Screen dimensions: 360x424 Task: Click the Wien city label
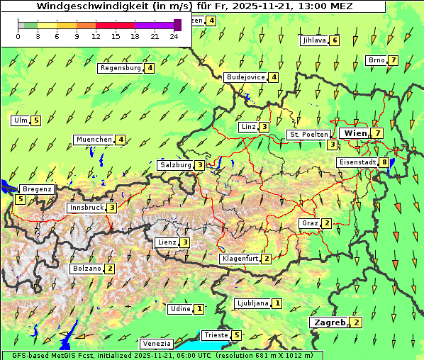point(355,133)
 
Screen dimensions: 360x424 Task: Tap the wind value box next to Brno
point(393,60)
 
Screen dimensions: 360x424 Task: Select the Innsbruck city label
point(86,208)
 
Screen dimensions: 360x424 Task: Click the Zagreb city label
point(329,322)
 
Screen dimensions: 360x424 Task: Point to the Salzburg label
point(176,165)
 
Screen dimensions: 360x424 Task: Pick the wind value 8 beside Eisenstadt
point(385,162)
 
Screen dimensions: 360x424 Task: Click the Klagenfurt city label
point(240,259)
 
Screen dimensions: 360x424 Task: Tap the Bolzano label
point(87,269)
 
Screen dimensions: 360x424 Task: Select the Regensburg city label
point(121,69)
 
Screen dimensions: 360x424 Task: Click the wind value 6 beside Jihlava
point(335,40)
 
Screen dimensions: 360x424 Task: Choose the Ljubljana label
point(252,303)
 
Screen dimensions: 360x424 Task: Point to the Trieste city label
point(216,335)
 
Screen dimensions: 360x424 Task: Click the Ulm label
point(20,120)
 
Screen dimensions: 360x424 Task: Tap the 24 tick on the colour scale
point(174,35)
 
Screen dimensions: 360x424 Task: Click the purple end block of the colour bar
point(177,25)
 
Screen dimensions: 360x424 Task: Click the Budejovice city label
point(245,77)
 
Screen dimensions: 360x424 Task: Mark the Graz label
point(310,223)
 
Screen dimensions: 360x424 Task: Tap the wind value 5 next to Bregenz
point(21,199)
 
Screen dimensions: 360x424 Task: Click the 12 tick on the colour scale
point(96,35)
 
